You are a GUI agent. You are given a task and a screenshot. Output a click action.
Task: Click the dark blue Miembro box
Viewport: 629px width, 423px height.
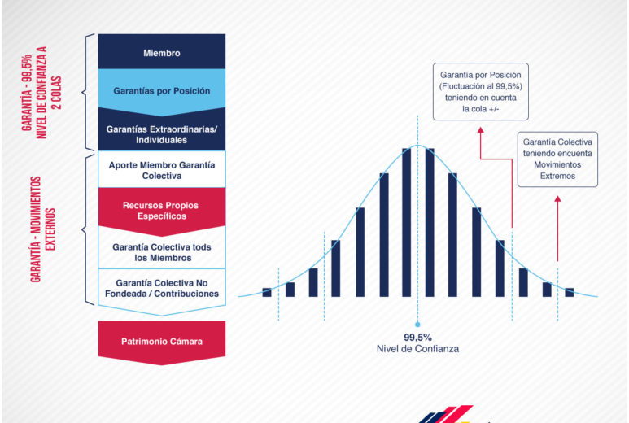click(x=162, y=51)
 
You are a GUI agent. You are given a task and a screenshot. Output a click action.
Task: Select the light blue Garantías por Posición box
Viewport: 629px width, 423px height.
click(x=162, y=90)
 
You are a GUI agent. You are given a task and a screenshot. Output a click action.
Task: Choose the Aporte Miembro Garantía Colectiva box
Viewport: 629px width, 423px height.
click(x=162, y=170)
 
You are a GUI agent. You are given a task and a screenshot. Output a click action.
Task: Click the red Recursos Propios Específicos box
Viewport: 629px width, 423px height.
click(x=162, y=210)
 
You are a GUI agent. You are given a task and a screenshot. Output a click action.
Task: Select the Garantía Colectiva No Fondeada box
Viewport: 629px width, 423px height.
click(x=162, y=289)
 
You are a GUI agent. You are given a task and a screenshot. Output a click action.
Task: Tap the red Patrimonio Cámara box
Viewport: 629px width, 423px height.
click(x=162, y=342)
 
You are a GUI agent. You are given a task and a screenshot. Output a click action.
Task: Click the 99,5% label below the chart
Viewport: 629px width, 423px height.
click(x=417, y=338)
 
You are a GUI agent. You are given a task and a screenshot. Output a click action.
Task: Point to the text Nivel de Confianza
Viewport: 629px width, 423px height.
click(x=417, y=349)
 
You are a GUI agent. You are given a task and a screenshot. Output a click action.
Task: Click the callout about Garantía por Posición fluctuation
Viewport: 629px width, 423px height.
click(x=481, y=91)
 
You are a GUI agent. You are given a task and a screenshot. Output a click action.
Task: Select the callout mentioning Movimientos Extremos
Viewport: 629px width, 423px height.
click(x=557, y=159)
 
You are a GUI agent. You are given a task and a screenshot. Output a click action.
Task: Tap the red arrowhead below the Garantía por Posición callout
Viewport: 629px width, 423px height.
click(x=481, y=130)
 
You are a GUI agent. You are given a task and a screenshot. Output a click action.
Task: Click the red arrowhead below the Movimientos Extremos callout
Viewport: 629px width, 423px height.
click(x=557, y=198)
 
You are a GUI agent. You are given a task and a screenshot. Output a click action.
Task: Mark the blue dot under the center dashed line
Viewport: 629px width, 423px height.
click(x=417, y=325)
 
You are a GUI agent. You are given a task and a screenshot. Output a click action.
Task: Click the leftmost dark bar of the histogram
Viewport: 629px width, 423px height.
click(x=267, y=292)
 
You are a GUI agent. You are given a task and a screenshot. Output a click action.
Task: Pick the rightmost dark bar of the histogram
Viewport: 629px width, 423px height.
click(x=570, y=292)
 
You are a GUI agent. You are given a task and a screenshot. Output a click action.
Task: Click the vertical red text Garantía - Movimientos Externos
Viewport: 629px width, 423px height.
click(x=42, y=229)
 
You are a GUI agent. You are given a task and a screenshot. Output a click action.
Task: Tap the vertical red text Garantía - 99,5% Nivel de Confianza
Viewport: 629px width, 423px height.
click(x=41, y=93)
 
